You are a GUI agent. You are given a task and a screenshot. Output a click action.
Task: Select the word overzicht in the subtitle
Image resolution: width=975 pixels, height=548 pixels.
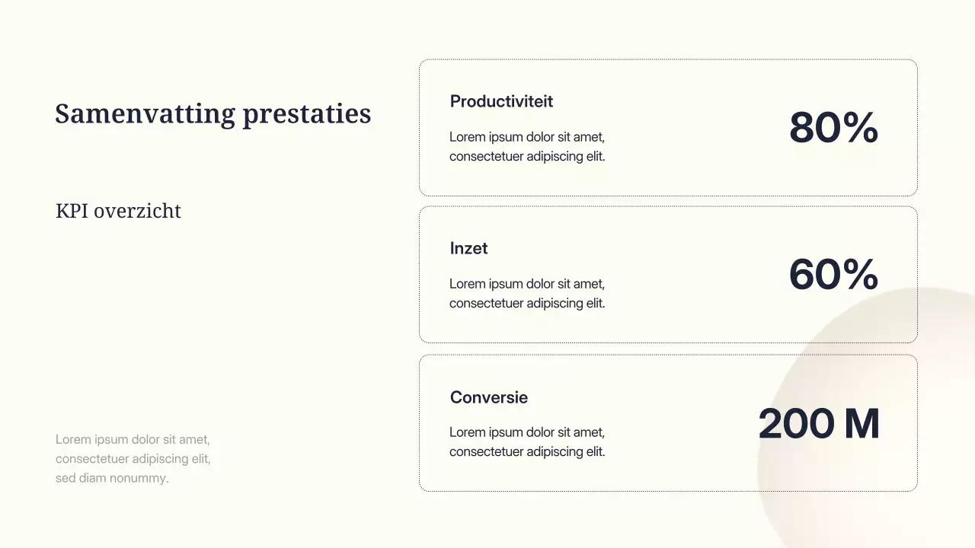139,211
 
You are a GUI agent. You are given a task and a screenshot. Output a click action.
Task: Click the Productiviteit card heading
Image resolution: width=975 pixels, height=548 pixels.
501,101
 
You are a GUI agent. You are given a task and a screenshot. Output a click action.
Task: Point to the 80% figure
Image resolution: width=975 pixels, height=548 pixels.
833,127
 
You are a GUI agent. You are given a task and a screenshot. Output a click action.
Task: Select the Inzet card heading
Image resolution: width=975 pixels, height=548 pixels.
468,248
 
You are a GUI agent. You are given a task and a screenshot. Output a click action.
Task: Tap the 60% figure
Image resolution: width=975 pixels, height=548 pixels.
833,274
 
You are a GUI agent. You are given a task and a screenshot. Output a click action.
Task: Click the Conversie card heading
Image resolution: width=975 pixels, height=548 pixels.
488,397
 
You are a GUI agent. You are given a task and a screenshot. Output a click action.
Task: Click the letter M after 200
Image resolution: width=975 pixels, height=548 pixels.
862,424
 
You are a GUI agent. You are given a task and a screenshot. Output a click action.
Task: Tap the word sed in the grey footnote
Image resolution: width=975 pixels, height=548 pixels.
66,478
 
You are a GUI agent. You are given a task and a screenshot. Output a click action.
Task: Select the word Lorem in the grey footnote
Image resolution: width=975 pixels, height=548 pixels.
73,439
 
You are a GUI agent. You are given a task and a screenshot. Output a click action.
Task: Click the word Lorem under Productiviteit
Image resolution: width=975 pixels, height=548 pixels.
467,137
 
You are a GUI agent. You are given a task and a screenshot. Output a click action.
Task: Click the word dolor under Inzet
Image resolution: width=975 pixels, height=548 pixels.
540,284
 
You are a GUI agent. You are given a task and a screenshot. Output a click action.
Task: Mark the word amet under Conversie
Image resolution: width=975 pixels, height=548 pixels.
588,432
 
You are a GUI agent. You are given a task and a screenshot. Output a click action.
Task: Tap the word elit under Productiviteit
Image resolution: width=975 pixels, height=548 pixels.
595,156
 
